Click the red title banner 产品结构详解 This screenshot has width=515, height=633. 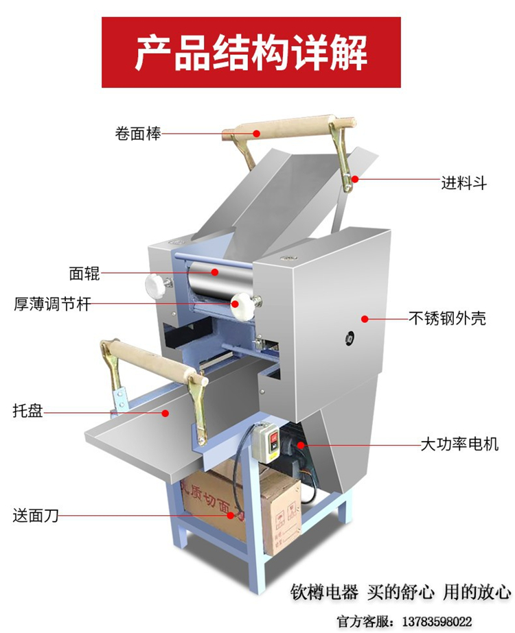click(x=251, y=52)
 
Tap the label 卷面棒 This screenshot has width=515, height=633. click(x=138, y=133)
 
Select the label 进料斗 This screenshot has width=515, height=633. click(x=464, y=183)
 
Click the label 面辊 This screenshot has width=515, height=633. click(x=84, y=274)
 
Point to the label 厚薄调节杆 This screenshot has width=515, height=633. click(x=52, y=304)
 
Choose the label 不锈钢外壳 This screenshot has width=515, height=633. click(x=448, y=318)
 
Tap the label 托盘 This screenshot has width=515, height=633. click(x=27, y=411)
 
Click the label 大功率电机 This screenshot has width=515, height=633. click(x=459, y=444)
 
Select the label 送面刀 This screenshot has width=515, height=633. click(x=36, y=516)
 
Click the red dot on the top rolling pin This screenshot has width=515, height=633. click(x=256, y=133)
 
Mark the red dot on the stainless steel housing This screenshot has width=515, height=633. click(x=365, y=319)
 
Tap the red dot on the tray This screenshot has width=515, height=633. click(x=165, y=413)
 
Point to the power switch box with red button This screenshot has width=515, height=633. click(x=266, y=441)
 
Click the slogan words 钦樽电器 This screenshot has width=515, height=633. click(x=324, y=593)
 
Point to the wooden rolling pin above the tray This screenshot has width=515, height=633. click(x=156, y=361)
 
